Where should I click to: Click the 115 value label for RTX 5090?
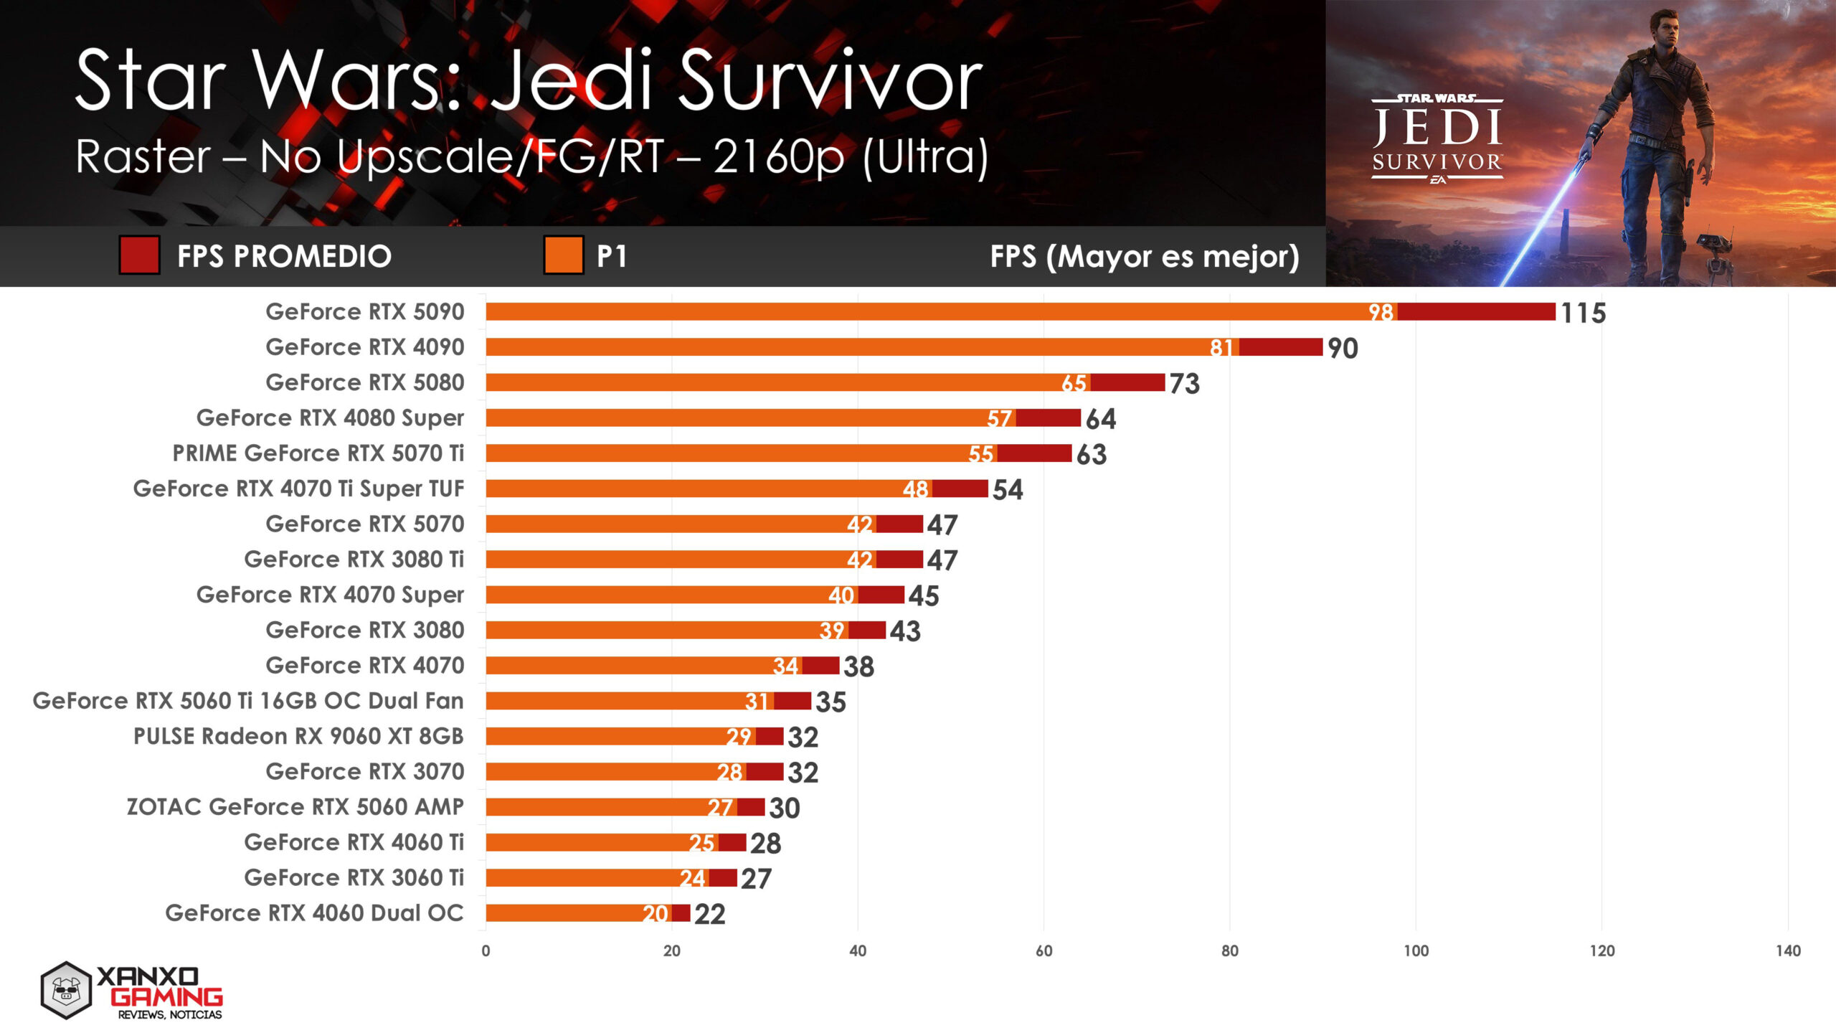(1583, 313)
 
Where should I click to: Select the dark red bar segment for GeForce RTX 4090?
(1281, 347)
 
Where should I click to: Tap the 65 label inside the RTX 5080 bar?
(1074, 383)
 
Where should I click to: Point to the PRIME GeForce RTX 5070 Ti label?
(318, 453)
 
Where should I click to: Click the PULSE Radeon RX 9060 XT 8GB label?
(298, 736)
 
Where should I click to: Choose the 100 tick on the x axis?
(1416, 951)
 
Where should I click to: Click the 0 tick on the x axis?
(486, 951)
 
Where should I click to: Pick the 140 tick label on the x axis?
(1788, 951)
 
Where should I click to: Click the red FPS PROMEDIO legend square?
(139, 255)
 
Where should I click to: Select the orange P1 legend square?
(563, 255)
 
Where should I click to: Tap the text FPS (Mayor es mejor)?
(1145, 256)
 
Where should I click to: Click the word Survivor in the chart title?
(830, 80)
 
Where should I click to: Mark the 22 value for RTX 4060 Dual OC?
(710, 914)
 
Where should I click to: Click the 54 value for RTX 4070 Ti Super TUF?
(1008, 489)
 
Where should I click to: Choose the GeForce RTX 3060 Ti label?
(354, 877)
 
